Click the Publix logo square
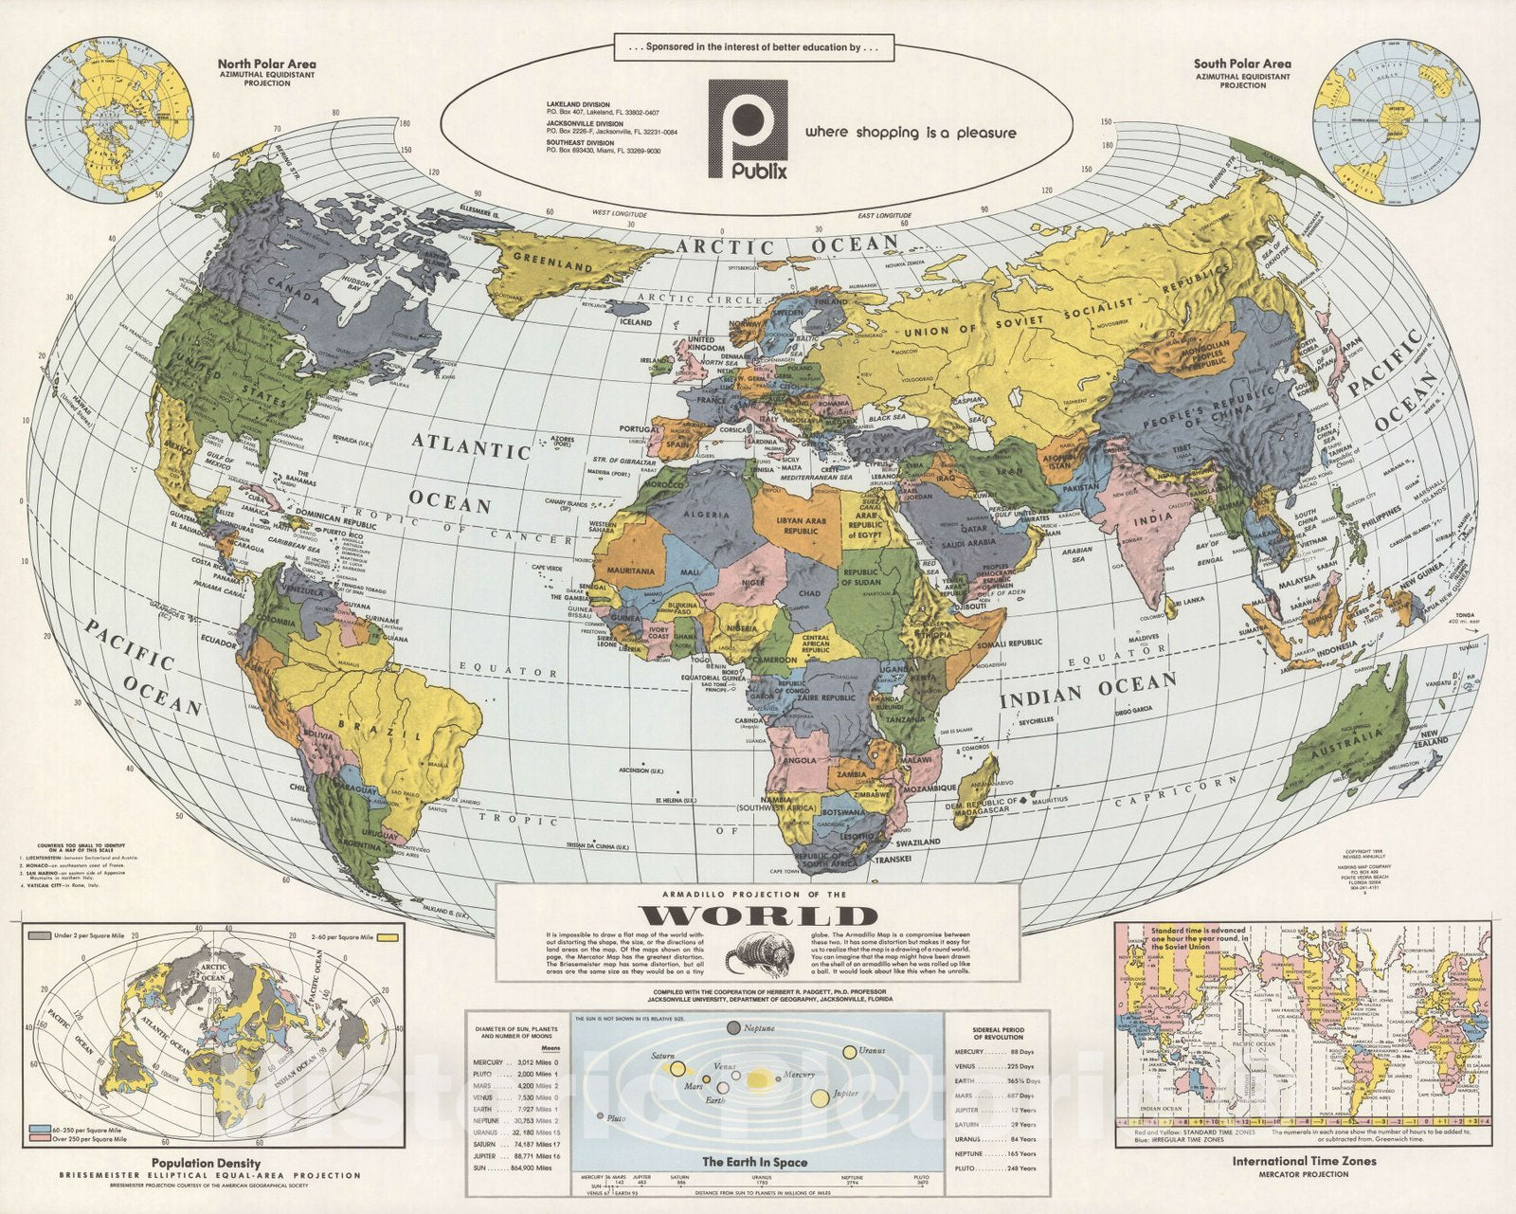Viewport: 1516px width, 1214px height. (x=748, y=128)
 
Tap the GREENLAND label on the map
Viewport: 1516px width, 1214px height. (x=552, y=262)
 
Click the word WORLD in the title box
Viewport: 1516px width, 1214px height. (x=757, y=915)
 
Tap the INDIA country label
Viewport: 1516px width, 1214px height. (x=1154, y=519)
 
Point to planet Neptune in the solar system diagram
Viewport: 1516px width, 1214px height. (x=734, y=1028)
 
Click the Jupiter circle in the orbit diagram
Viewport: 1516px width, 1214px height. (x=820, y=1099)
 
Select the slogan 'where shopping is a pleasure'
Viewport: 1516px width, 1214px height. (x=911, y=133)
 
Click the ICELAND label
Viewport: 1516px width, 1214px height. (x=636, y=321)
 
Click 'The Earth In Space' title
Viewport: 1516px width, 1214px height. (x=754, y=1162)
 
